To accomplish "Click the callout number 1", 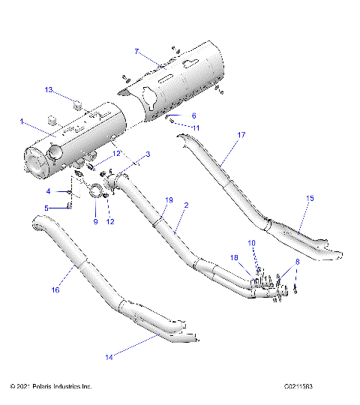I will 22,121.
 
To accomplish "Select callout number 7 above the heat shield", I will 136,51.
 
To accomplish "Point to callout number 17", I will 241,135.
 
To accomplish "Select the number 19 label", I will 169,200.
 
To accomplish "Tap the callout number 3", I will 148,154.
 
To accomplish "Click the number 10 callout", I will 252,242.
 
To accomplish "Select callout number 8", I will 298,261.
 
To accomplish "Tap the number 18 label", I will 234,257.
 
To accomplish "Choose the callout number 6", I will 193,115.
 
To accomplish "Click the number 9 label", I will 95,221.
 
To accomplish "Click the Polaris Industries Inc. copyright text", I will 51,387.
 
